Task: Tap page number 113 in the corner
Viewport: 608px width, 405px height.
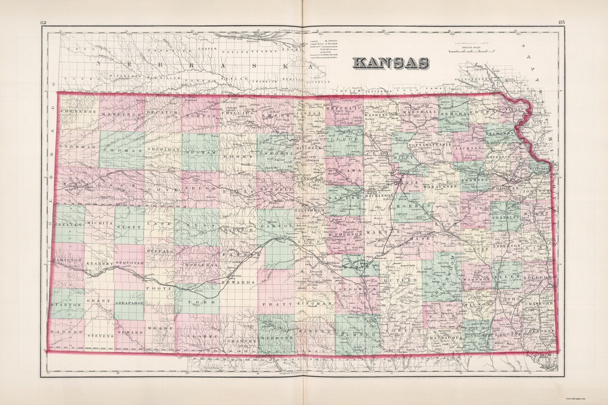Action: point(562,22)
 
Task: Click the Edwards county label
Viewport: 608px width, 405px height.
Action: point(234,281)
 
